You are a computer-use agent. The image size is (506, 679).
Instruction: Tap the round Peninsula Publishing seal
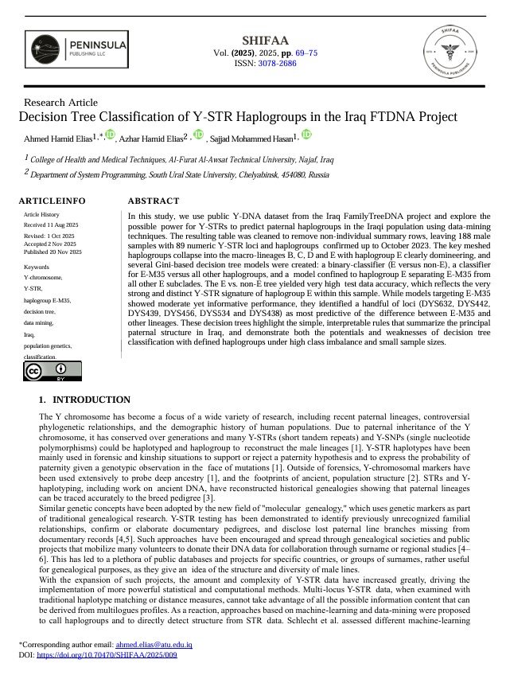(454, 49)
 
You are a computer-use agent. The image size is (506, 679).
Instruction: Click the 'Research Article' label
(61, 103)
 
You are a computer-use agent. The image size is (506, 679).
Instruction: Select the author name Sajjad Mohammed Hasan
(251, 140)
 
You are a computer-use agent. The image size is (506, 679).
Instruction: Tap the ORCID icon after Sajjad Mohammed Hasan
(306, 136)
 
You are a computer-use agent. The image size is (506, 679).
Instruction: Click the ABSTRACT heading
(154, 201)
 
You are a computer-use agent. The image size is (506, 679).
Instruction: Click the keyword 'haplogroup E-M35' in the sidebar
(47, 300)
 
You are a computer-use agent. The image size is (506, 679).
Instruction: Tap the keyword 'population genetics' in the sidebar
(49, 346)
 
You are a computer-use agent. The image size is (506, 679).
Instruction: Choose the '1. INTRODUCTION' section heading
(84, 400)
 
